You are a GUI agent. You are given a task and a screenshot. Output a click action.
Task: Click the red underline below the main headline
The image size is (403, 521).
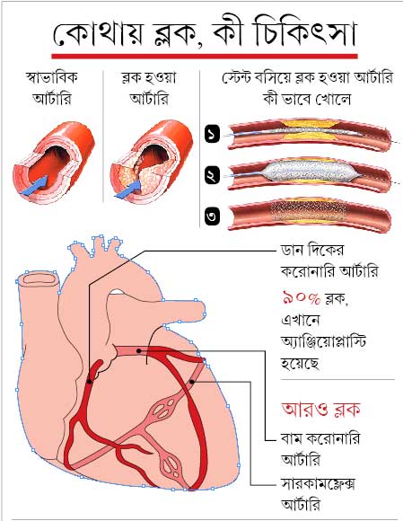pyautogui.click(x=205, y=57)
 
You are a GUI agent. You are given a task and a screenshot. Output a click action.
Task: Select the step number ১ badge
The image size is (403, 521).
pyautogui.click(x=213, y=134)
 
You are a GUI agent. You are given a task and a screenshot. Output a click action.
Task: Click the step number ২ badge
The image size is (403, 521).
pyautogui.click(x=213, y=175)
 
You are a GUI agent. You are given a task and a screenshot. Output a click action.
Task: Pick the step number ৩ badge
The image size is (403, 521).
pyautogui.click(x=213, y=216)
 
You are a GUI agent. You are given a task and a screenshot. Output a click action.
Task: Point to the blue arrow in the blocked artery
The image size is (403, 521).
pyautogui.click(x=129, y=190)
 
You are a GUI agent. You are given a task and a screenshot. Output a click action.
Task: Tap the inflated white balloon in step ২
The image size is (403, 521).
pyautogui.click(x=310, y=172)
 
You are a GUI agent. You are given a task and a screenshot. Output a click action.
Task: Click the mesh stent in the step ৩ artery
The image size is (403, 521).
pyautogui.click(x=310, y=211)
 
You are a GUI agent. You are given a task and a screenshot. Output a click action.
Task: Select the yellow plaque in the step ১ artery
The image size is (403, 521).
pyautogui.click(x=310, y=130)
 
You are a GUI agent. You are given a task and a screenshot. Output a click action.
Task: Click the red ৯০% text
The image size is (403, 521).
pyautogui.click(x=302, y=297)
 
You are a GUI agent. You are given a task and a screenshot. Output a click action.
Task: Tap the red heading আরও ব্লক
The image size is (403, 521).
pyautogui.click(x=320, y=410)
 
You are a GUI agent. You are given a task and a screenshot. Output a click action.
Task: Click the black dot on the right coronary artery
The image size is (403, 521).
pyautogui.click(x=89, y=382)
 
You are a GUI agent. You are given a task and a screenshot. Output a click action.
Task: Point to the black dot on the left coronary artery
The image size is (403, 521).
pyautogui.click(x=139, y=350)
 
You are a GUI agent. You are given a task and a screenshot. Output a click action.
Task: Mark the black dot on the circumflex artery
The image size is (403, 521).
pyautogui.click(x=192, y=382)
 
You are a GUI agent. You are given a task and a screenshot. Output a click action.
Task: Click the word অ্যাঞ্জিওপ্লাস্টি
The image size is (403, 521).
pyautogui.click(x=323, y=341)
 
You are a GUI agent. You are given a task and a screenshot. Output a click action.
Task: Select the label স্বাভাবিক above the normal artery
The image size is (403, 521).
pyautogui.click(x=52, y=78)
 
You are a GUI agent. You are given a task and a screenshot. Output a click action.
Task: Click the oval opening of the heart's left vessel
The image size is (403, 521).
pyautogui.click(x=39, y=278)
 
